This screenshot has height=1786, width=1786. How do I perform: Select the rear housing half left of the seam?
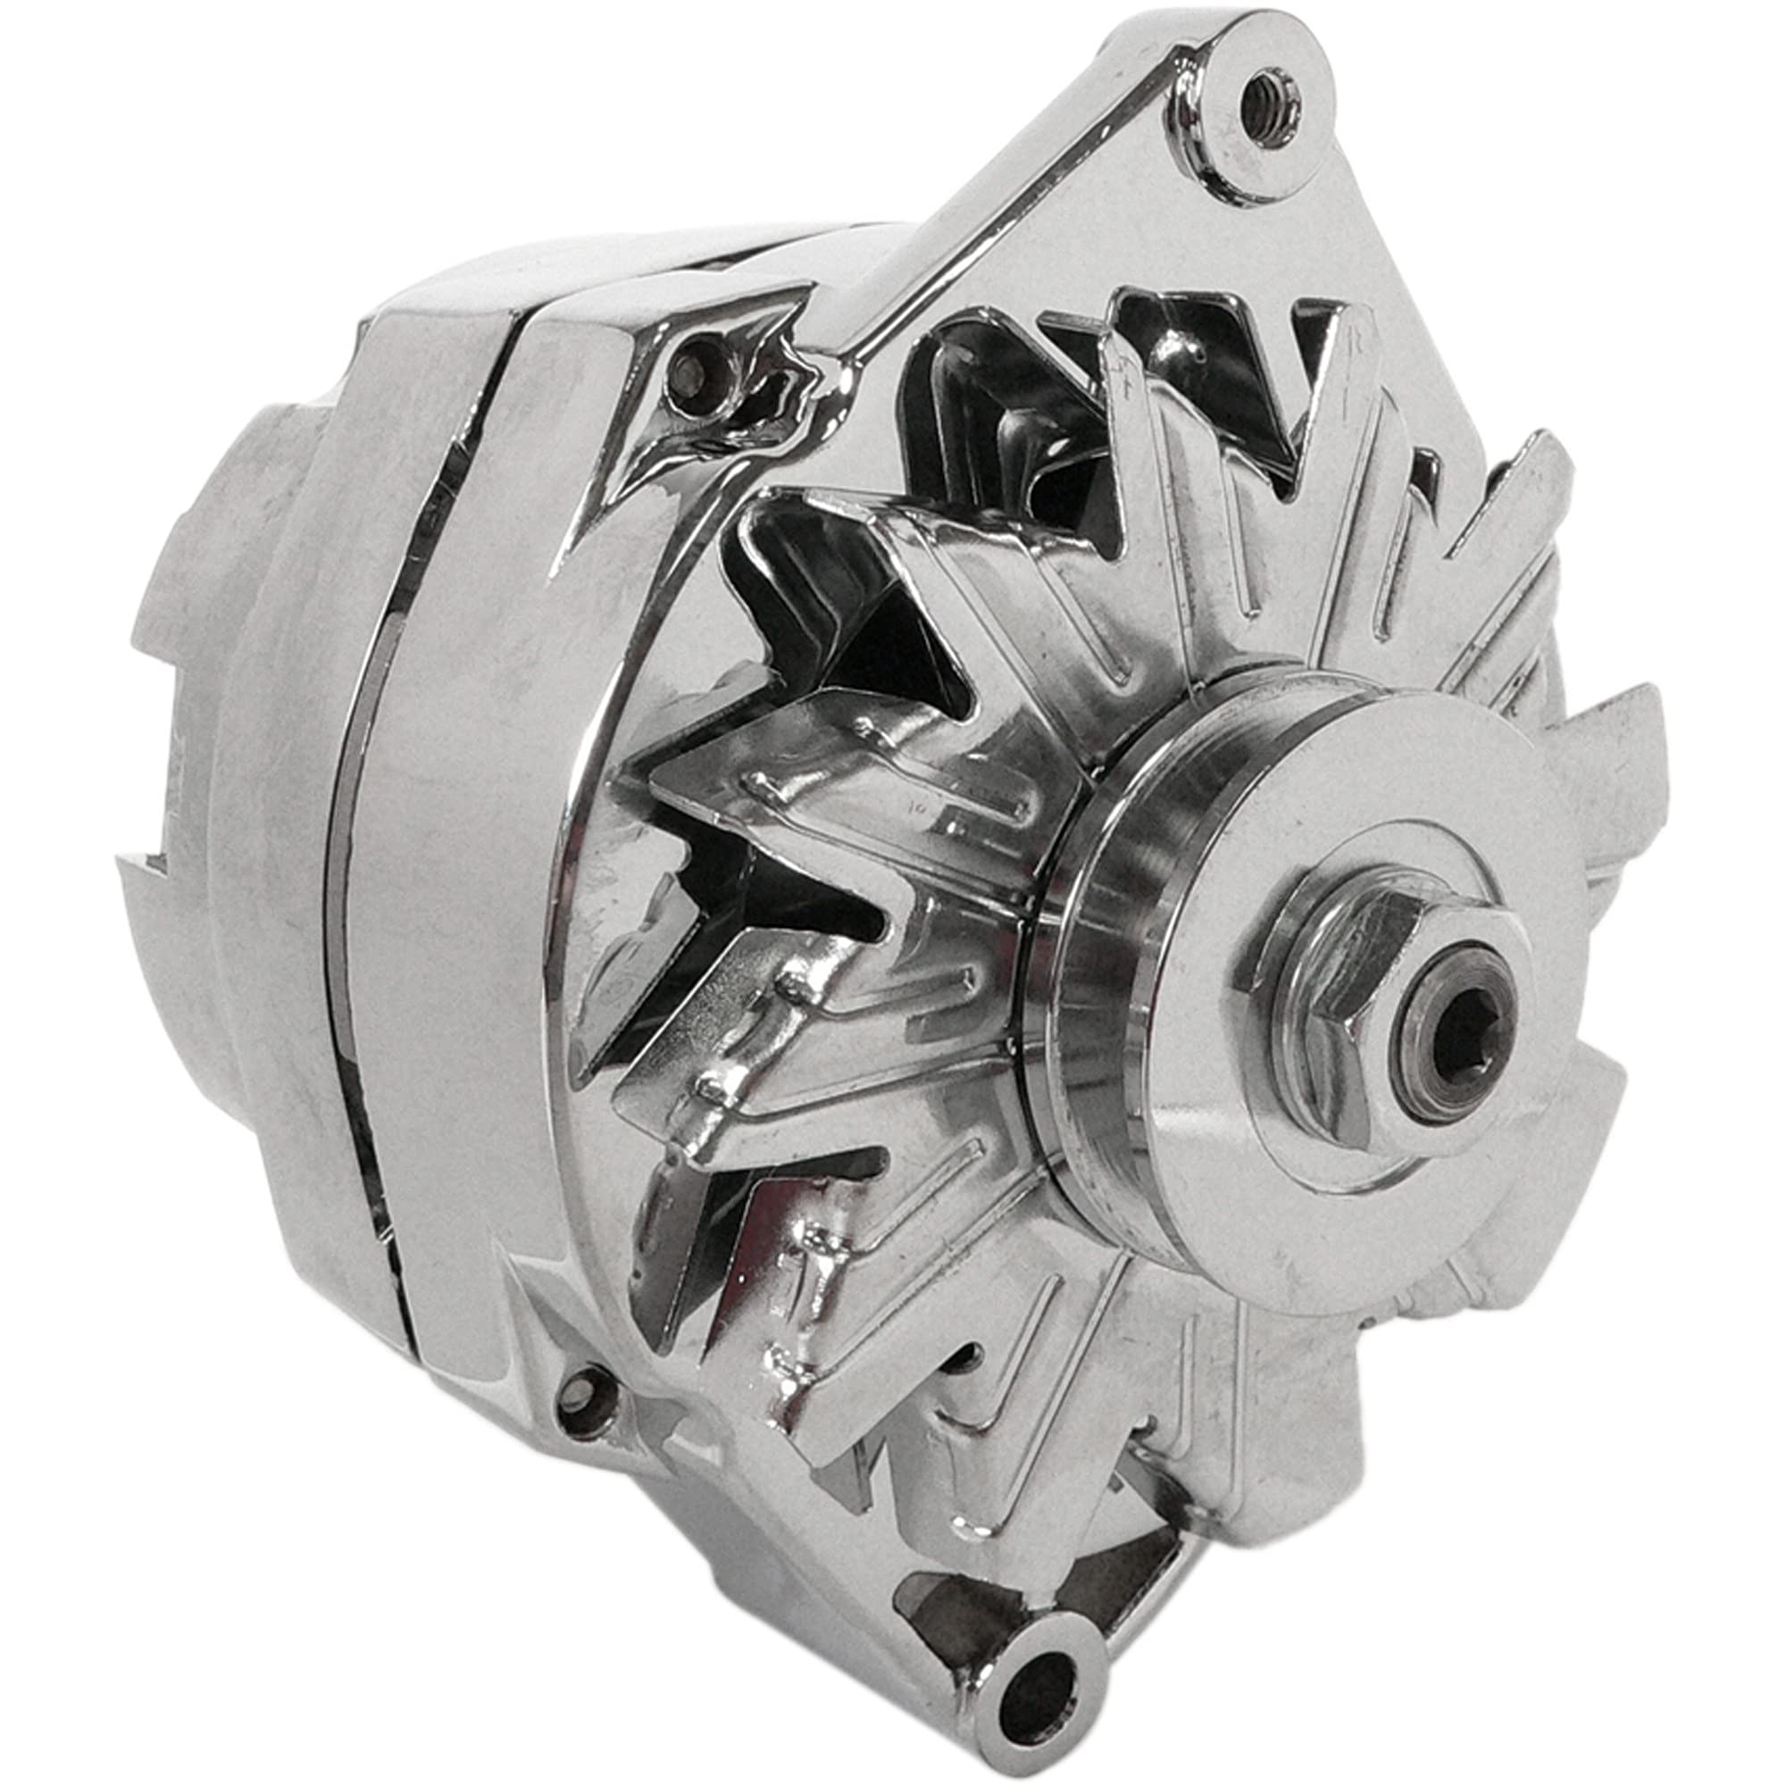pyautogui.click(x=278, y=832)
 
